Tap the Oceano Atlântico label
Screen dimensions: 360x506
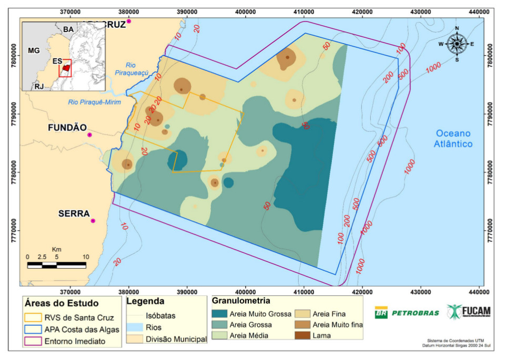tap(453, 139)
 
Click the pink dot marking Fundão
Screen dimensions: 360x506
tap(89, 135)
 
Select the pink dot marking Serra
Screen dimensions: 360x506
tap(93, 221)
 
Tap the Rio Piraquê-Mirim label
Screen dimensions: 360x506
tap(94, 102)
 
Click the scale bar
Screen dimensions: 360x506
tap(56, 265)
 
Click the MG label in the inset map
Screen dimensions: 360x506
tap(34, 50)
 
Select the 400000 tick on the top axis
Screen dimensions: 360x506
tap(245, 12)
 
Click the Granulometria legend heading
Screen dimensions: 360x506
tap(241, 302)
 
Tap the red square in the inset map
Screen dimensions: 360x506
tap(65, 68)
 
